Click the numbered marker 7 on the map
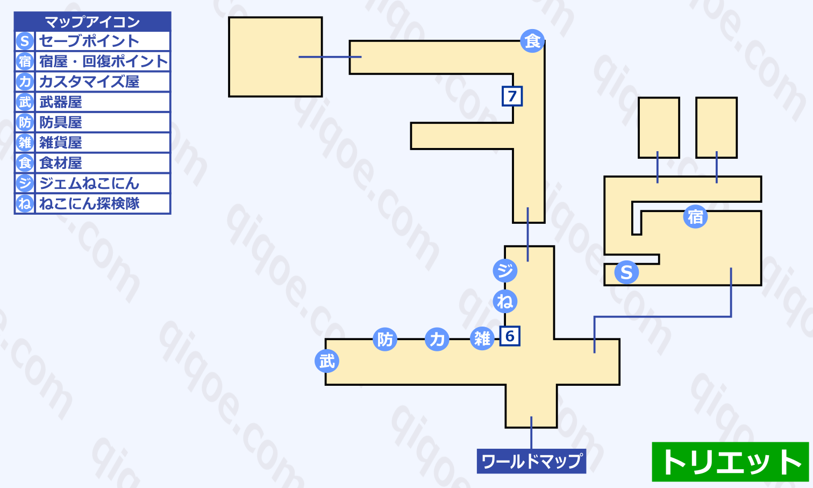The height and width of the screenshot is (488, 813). point(512,96)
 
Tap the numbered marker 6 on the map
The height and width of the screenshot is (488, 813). point(510,336)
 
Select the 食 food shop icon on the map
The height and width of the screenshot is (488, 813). point(532,41)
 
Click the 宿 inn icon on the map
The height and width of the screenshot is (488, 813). point(695,217)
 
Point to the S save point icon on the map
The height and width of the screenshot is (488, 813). point(626,272)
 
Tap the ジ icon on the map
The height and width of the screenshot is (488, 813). point(505,271)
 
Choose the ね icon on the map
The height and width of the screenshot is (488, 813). point(505,301)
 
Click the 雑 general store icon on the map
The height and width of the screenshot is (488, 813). point(482,339)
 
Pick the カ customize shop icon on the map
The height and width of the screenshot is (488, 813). point(437,340)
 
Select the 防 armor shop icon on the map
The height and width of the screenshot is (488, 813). point(385,340)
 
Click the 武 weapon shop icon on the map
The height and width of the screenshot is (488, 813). point(327,361)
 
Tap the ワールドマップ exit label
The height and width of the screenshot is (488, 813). point(531,461)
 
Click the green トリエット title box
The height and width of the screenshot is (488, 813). point(731,462)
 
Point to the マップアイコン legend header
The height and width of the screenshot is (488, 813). point(92,22)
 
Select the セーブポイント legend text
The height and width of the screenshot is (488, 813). point(89,41)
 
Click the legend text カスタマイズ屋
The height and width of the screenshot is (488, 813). point(89,82)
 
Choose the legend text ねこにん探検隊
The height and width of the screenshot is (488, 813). point(89,204)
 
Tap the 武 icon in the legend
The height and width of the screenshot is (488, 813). point(25,102)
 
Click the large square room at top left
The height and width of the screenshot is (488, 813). point(275,57)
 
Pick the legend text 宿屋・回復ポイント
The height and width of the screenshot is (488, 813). point(103,61)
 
